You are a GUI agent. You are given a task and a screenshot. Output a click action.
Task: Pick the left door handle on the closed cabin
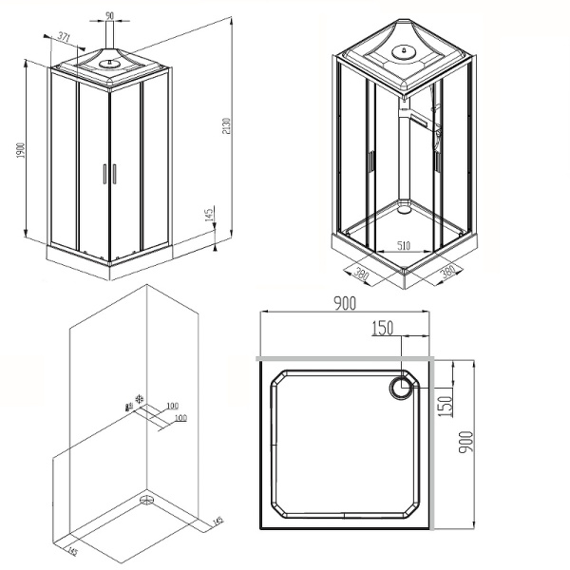104,173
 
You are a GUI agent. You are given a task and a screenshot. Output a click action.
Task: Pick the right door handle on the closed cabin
113,173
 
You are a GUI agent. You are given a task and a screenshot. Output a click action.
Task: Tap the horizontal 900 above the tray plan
344,303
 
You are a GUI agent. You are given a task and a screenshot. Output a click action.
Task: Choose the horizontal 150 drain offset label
382,328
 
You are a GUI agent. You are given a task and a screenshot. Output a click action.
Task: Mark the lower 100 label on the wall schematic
179,417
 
